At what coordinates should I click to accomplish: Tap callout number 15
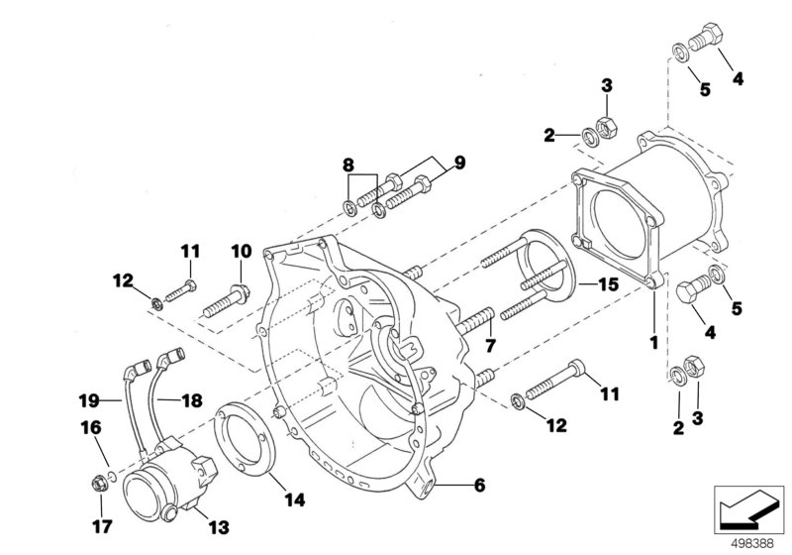click(x=610, y=284)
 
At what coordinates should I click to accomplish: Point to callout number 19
click(x=90, y=400)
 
